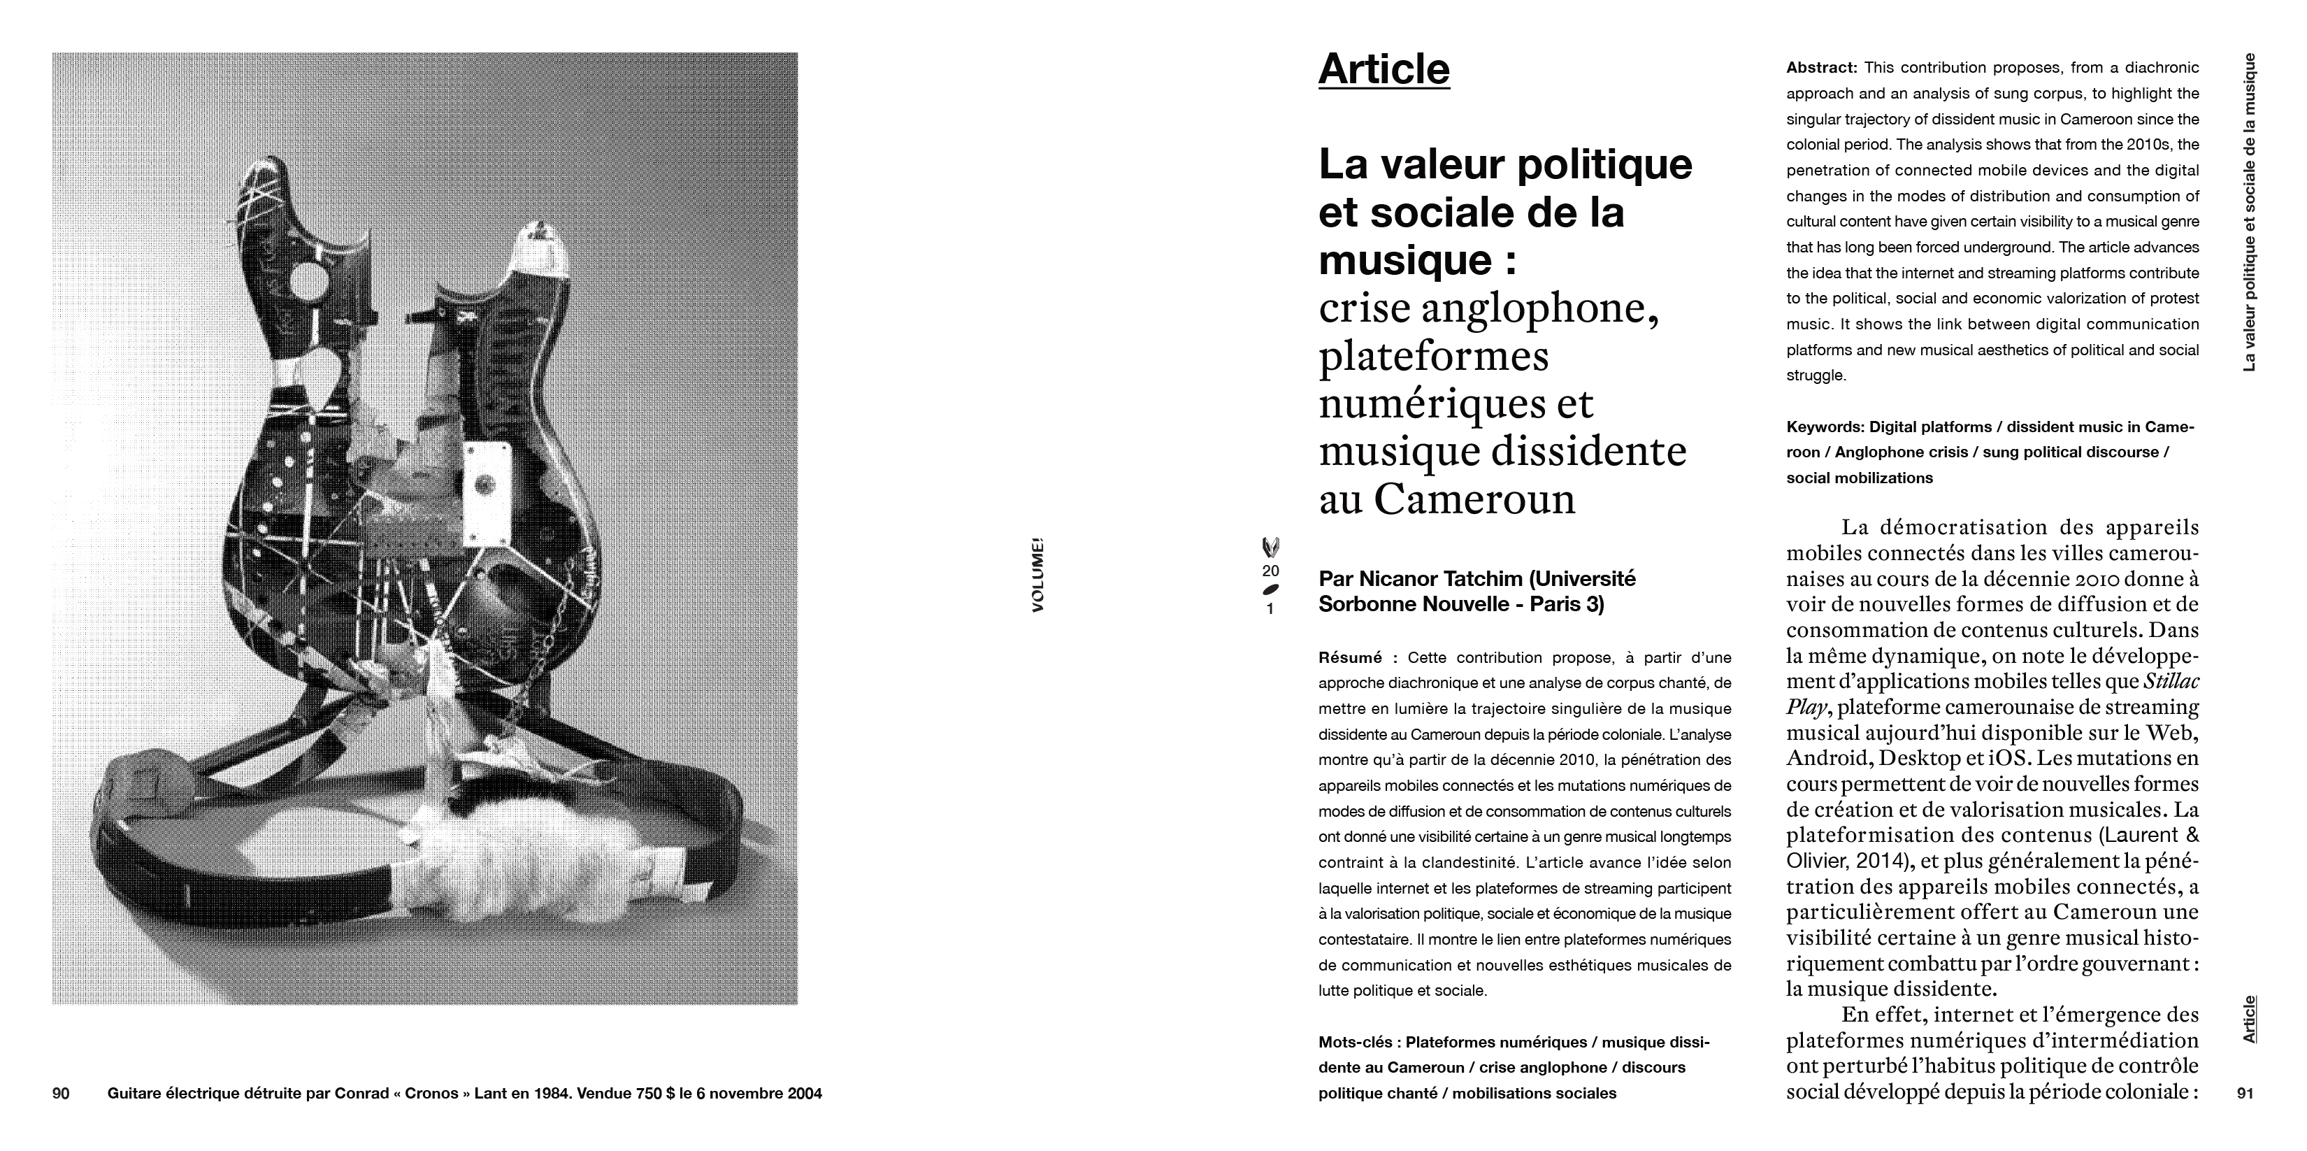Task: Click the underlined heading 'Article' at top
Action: tap(1384, 70)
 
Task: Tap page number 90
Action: tap(61, 1093)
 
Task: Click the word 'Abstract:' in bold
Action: tap(1823, 68)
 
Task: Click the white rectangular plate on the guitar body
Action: tap(487, 485)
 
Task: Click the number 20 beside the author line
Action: tap(1270, 571)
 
